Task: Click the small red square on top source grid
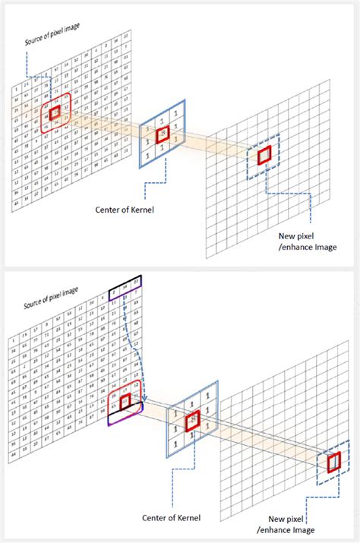coord(55,113)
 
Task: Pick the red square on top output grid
coord(264,156)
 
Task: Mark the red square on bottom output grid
coord(332,462)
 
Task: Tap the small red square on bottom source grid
coord(125,399)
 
